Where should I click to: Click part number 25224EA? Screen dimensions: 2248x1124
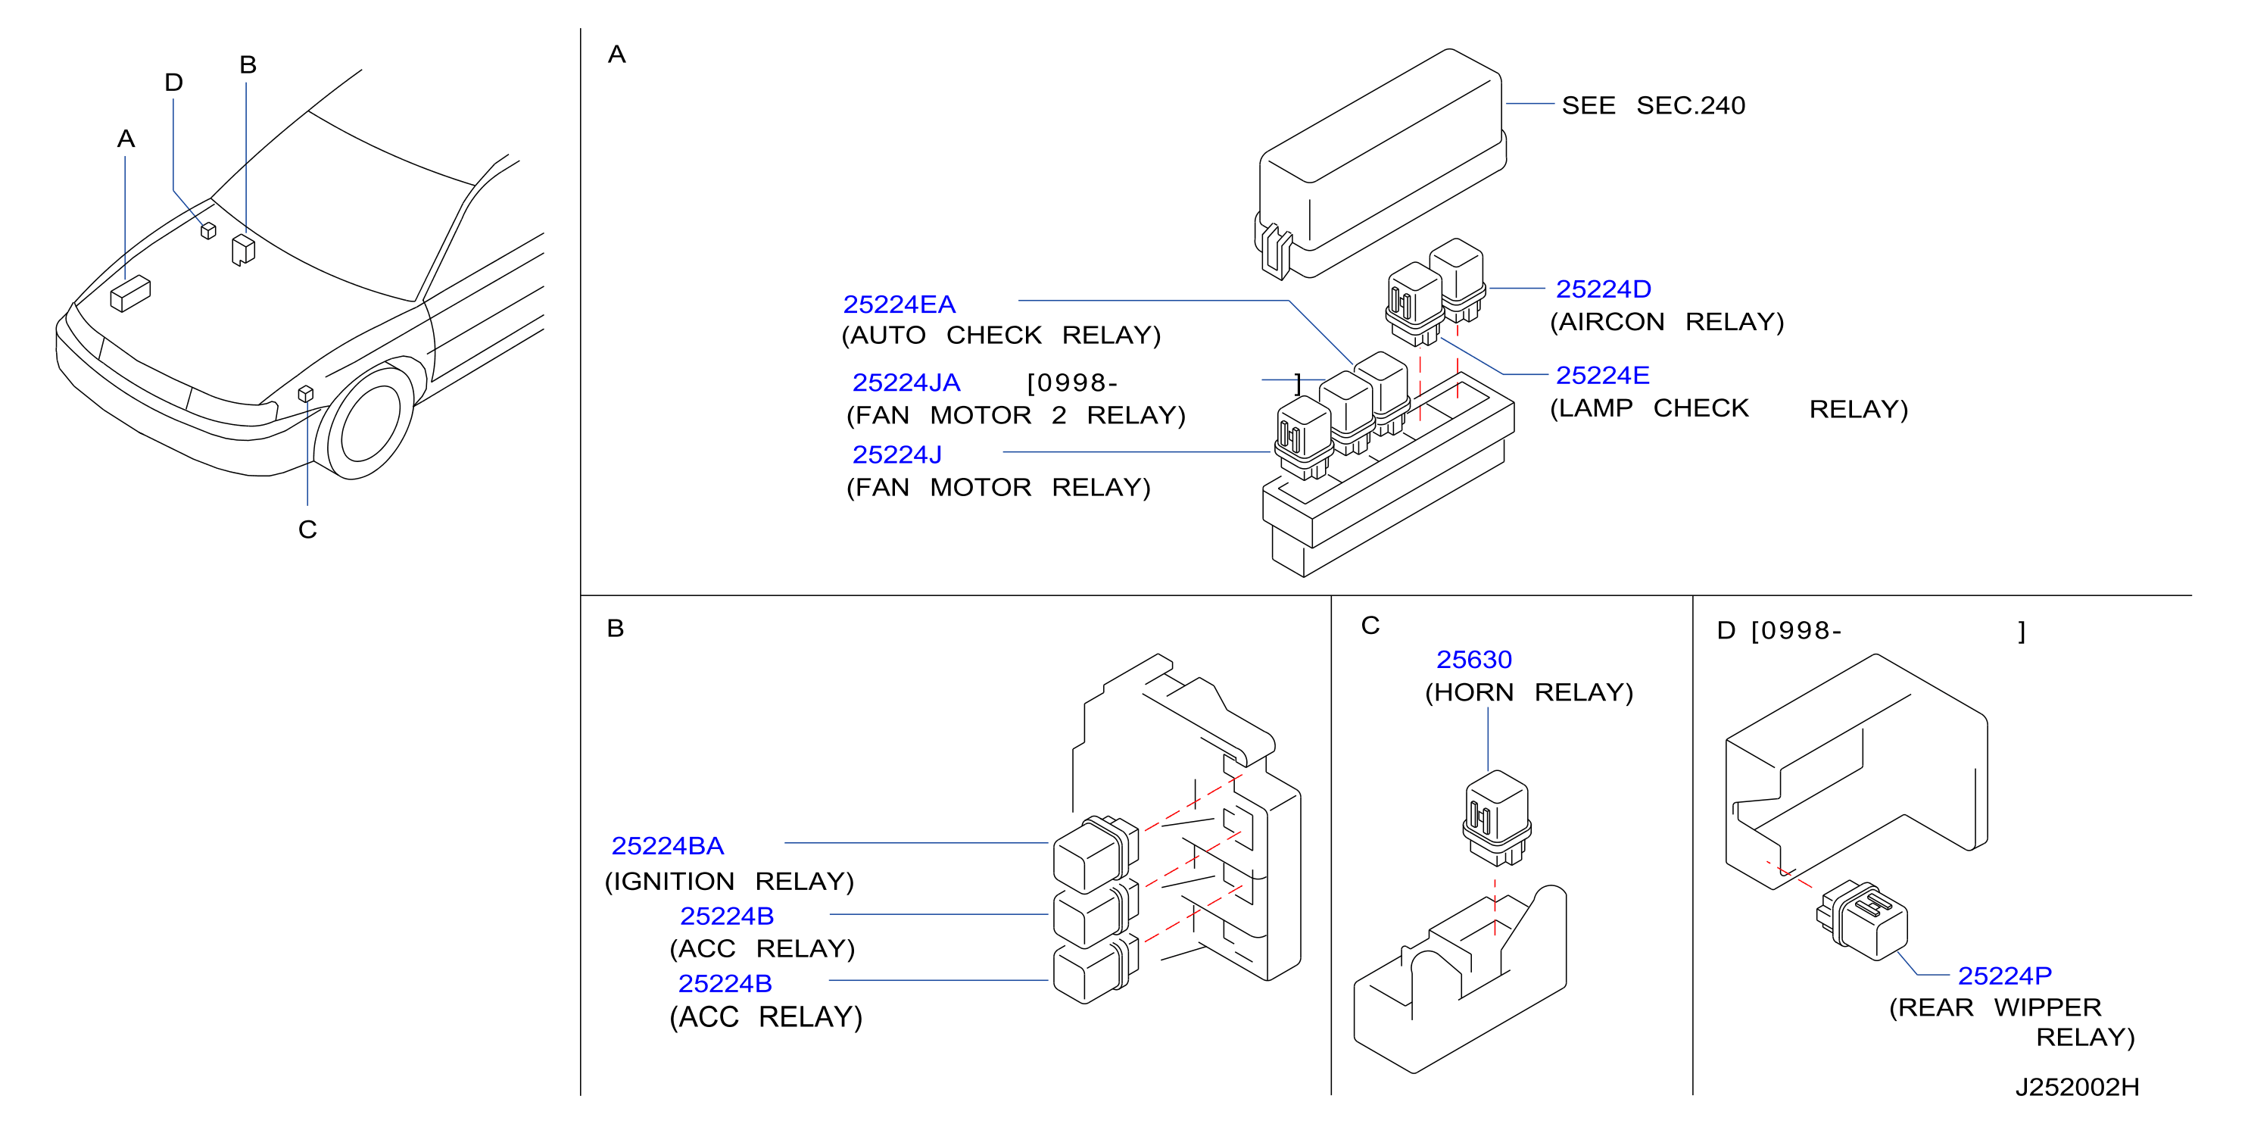click(899, 304)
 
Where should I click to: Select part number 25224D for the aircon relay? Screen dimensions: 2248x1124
click(1603, 289)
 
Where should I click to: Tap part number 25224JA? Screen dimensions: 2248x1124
click(906, 382)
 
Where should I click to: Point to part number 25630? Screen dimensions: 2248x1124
click(1474, 659)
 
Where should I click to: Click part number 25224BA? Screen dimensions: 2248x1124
click(668, 845)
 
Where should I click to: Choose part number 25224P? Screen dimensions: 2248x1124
click(2004, 975)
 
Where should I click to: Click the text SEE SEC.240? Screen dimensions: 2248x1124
click(1653, 105)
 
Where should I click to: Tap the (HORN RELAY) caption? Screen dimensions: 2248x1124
click(1529, 692)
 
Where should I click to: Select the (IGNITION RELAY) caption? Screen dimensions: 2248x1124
click(730, 882)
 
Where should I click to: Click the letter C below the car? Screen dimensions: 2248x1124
click(307, 529)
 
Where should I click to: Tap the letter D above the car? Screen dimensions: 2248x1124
click(173, 82)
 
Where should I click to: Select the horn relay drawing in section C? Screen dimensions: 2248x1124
click(1495, 818)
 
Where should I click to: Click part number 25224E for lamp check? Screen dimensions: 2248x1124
click(1602, 375)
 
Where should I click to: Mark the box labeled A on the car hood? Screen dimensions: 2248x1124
click(130, 293)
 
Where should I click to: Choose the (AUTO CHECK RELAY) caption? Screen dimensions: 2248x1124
click(1001, 335)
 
